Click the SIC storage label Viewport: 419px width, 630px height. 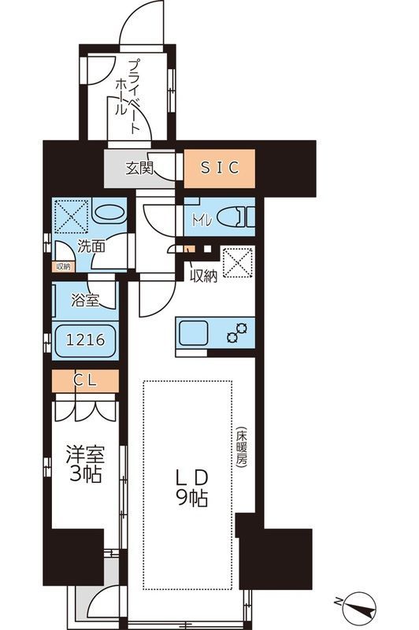(x=220, y=168)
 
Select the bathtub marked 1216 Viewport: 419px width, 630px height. (x=84, y=341)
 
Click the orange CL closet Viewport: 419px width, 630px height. (x=85, y=381)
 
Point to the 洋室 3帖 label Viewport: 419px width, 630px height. (x=83, y=465)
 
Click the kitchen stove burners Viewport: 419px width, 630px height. (x=237, y=334)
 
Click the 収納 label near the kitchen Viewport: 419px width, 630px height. (x=203, y=276)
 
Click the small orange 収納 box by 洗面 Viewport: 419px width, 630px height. (x=62, y=266)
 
